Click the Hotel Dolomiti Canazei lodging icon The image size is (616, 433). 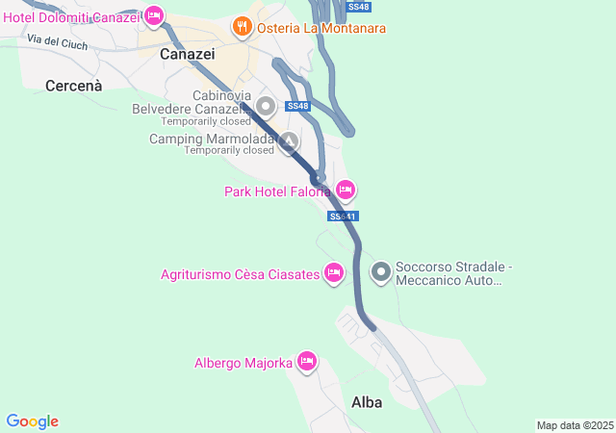(152, 17)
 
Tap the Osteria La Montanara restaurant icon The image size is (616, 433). (242, 29)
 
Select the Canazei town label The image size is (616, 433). (187, 54)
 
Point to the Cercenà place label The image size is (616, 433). (72, 85)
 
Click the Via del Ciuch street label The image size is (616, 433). (58, 41)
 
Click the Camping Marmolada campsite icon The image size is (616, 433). (288, 144)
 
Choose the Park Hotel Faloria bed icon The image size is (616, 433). (346, 190)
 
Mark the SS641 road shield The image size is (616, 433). (343, 216)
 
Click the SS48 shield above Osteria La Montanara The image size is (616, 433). (358, 7)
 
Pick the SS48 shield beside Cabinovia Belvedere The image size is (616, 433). (297, 106)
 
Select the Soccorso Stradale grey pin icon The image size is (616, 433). (381, 273)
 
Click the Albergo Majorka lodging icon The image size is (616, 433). (307, 362)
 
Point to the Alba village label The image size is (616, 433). (367, 402)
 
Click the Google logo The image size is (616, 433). (33, 421)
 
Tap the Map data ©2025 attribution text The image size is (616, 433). (575, 425)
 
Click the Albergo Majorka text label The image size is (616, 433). (243, 363)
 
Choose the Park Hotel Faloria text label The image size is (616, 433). (277, 191)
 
